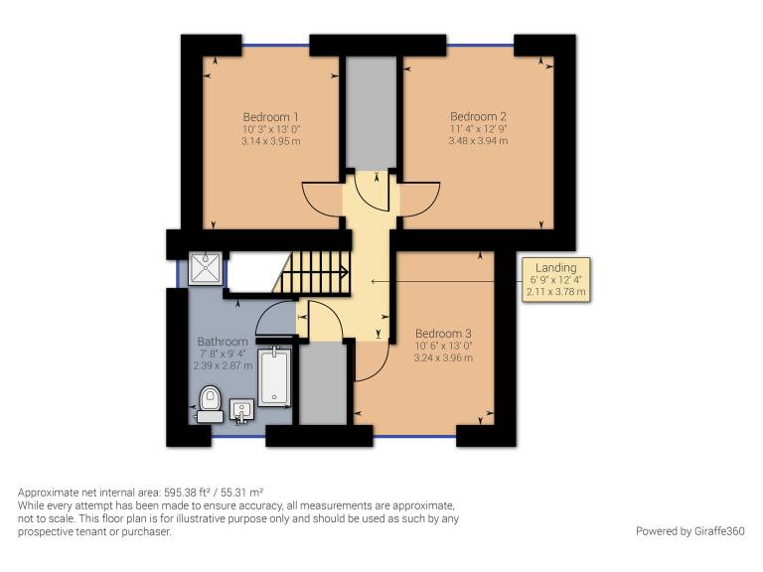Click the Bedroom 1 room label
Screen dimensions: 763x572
[x=270, y=117]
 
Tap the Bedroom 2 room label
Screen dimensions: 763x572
[x=478, y=117]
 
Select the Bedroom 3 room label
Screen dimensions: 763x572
[x=443, y=334]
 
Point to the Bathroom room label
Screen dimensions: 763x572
[x=223, y=342]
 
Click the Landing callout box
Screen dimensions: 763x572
[x=556, y=280]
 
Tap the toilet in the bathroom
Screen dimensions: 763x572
[x=210, y=404]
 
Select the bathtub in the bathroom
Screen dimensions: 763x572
[x=274, y=376]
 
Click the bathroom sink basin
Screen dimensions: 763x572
[x=241, y=410]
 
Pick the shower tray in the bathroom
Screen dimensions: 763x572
[x=206, y=268]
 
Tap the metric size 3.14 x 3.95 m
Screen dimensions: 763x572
[x=270, y=142]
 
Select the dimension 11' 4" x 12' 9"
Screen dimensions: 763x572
[x=478, y=129]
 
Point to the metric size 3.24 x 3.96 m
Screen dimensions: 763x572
[x=443, y=357]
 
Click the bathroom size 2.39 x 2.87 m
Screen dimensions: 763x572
[x=223, y=365]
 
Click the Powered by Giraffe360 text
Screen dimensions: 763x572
[x=690, y=531]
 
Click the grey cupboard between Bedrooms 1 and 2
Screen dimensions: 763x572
[x=372, y=112]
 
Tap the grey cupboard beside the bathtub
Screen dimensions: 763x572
[x=323, y=383]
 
